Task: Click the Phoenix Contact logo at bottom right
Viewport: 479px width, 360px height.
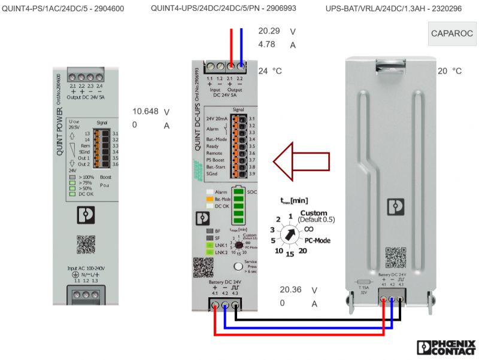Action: tap(445, 348)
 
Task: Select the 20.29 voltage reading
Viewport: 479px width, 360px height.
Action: tap(269, 31)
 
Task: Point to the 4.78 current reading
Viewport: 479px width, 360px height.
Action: tap(268, 44)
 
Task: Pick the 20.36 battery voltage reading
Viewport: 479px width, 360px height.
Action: tap(290, 290)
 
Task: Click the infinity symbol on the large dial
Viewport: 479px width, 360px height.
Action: tap(309, 228)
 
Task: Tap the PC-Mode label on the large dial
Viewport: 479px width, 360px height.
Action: tap(317, 240)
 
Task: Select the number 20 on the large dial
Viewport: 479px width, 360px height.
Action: tap(303, 251)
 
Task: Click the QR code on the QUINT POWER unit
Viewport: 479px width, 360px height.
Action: tap(86, 245)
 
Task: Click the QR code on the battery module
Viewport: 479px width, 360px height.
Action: tap(395, 257)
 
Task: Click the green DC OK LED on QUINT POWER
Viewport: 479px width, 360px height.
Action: tap(72, 194)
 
